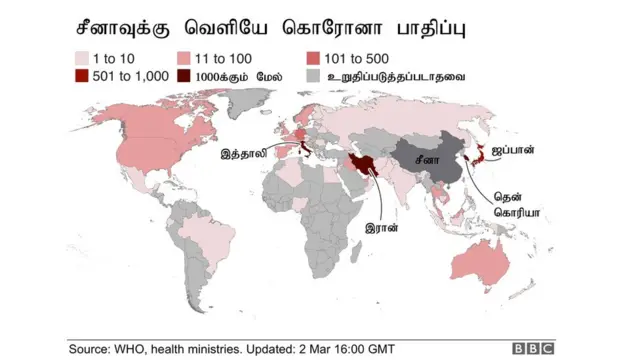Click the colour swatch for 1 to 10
tap(82, 58)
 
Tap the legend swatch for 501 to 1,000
tap(82, 76)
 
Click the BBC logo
tap(533, 348)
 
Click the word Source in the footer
tap(92, 348)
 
